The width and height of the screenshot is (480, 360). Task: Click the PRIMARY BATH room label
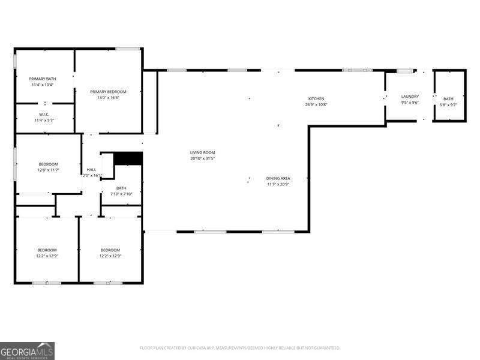pyautogui.click(x=43, y=79)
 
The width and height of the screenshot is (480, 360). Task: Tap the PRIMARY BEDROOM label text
pyautogui.click(x=109, y=91)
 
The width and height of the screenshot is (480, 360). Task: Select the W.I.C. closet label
pyautogui.click(x=44, y=115)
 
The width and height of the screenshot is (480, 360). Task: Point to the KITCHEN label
pyautogui.click(x=316, y=98)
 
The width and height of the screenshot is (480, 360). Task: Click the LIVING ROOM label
pyautogui.click(x=202, y=152)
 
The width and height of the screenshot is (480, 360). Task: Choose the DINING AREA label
pyautogui.click(x=278, y=178)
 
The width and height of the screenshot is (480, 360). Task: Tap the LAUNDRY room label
pyautogui.click(x=410, y=96)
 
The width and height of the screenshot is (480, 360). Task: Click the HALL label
pyautogui.click(x=91, y=170)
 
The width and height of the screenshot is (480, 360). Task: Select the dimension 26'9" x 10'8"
pyautogui.click(x=316, y=104)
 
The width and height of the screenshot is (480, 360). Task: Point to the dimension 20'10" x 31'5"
pyautogui.click(x=202, y=158)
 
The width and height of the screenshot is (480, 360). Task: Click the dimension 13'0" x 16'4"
pyautogui.click(x=109, y=97)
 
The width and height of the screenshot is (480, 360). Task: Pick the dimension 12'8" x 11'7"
pyautogui.click(x=48, y=170)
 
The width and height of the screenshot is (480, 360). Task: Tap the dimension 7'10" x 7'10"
pyautogui.click(x=121, y=194)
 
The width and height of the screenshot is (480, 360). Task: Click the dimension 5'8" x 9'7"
pyautogui.click(x=448, y=105)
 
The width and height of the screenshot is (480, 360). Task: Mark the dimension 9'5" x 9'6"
pyautogui.click(x=410, y=102)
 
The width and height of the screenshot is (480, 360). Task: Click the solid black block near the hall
pyautogui.click(x=128, y=158)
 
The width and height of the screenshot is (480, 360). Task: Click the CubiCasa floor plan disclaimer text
pyautogui.click(x=240, y=347)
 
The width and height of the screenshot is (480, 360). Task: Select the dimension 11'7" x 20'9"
pyautogui.click(x=278, y=184)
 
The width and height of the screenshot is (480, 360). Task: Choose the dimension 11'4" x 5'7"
pyautogui.click(x=44, y=121)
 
